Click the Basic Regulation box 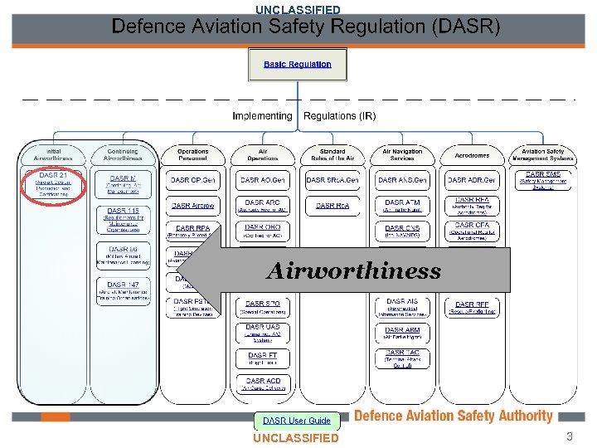[297, 64]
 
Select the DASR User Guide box [297, 421]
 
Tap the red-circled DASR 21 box [52, 183]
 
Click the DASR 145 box [123, 221]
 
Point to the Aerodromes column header [473, 155]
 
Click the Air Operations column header [262, 155]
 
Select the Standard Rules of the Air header [332, 155]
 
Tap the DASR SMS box [542, 179]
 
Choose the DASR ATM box [402, 205]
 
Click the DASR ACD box [262, 383]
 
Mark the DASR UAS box [262, 332]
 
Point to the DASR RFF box [473, 308]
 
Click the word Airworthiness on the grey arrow [354, 271]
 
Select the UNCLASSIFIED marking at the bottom [296, 438]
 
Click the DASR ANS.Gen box [402, 179]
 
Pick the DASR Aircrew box [192, 205]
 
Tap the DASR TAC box [402, 358]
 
